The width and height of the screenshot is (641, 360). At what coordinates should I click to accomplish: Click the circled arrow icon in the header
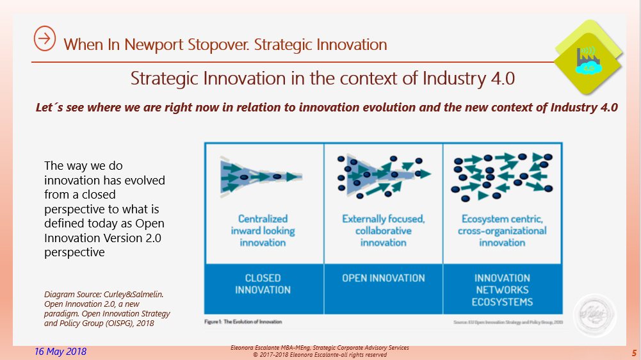[44, 39]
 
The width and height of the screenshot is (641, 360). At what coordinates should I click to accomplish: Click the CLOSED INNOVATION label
[263, 284]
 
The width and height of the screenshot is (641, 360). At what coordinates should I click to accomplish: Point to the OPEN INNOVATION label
[383, 278]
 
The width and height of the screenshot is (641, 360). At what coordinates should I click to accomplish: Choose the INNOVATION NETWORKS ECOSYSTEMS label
[502, 290]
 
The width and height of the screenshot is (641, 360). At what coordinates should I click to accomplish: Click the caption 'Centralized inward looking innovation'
[263, 231]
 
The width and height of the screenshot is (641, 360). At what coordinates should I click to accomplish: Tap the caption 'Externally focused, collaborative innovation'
[383, 231]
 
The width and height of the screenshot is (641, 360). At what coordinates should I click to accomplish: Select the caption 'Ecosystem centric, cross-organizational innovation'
[502, 231]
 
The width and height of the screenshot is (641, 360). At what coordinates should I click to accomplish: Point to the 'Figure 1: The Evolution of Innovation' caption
[243, 321]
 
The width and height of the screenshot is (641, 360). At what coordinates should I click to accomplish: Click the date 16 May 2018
[60, 352]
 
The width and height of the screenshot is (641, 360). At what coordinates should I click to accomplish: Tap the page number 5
[633, 353]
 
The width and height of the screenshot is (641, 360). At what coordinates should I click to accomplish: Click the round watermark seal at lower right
[595, 316]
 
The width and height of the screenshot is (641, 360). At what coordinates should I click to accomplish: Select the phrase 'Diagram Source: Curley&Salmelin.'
[104, 294]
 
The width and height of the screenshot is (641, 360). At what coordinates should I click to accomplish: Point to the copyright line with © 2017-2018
[320, 354]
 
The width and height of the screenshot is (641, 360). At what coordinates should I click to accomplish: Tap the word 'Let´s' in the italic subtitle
[49, 107]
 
